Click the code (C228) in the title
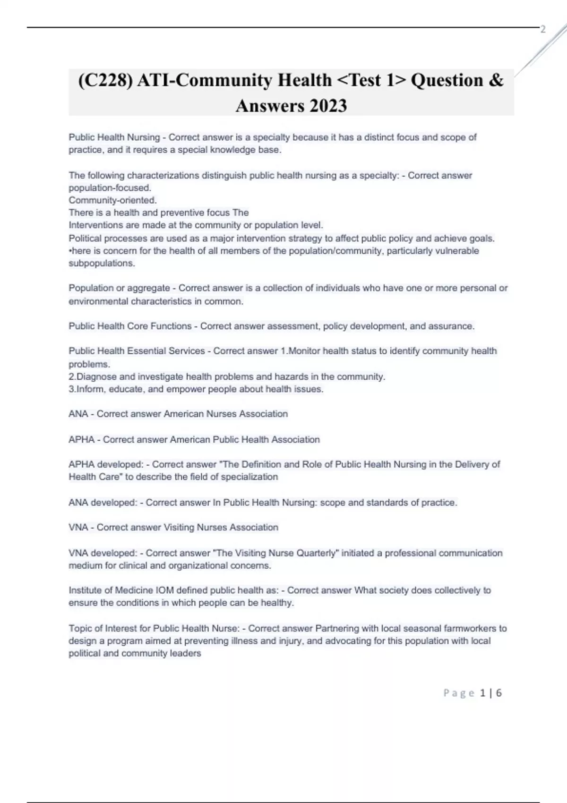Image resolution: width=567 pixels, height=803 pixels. [104, 80]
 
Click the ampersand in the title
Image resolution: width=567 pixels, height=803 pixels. [496, 80]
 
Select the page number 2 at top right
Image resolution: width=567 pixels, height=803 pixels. [543, 29]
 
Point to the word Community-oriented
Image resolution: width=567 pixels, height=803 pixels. [112, 200]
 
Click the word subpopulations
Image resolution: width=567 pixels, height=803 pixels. [102, 264]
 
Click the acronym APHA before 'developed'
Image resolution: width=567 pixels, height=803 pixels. [81, 465]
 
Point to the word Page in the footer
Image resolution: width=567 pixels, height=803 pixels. [459, 693]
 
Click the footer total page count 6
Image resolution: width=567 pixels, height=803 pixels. [498, 693]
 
